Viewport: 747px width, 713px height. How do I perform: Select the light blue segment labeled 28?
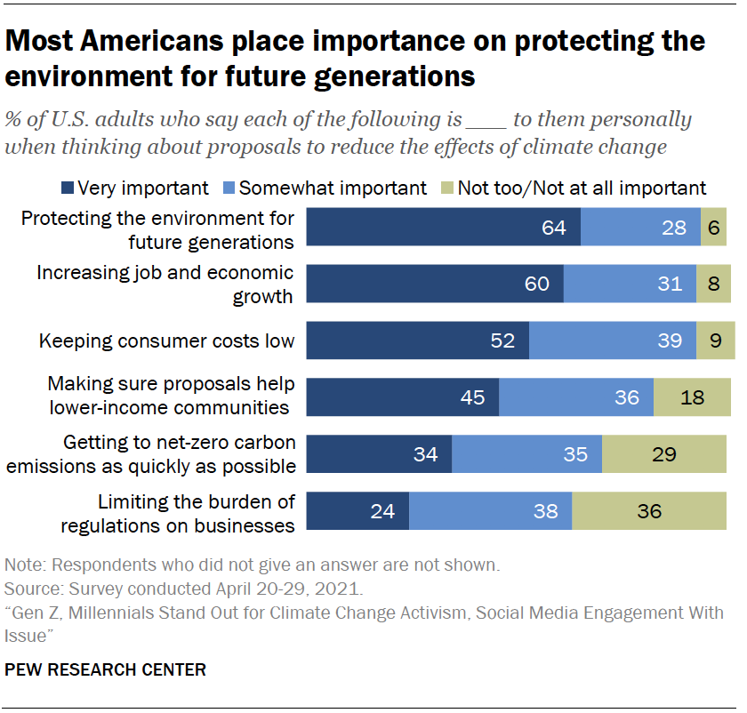tap(640, 228)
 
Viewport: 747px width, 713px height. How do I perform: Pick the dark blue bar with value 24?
tap(357, 511)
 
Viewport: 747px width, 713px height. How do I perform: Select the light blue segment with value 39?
tap(613, 340)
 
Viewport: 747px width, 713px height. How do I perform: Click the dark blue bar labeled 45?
tap(402, 397)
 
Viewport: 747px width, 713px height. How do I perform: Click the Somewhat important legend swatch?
tap(229, 188)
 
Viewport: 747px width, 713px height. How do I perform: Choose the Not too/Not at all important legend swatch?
tap(447, 188)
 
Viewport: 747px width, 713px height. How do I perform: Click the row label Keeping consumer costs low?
tap(166, 340)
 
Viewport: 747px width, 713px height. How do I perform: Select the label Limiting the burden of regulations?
tap(178, 513)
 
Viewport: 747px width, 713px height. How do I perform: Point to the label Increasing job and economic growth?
tap(165, 284)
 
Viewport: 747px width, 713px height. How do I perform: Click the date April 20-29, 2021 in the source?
tap(288, 589)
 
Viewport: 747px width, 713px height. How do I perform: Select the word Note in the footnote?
tap(21, 565)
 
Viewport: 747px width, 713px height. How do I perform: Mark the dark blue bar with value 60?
tap(435, 284)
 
